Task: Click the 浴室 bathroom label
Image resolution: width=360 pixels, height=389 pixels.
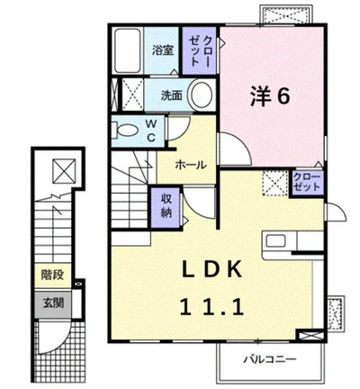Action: click(163, 50)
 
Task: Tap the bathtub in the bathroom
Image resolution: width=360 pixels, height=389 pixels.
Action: click(128, 50)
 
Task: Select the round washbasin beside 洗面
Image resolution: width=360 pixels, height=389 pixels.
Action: click(202, 95)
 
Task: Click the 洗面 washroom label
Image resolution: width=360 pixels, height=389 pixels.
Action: click(172, 95)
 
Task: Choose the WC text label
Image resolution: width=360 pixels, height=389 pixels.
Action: click(151, 131)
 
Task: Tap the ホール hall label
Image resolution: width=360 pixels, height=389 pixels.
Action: click(191, 165)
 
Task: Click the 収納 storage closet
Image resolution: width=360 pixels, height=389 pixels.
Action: click(166, 208)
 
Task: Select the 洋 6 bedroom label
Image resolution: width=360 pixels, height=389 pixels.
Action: click(270, 96)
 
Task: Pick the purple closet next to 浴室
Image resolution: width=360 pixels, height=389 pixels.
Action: click(199, 50)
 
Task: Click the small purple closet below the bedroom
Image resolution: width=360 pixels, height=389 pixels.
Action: click(307, 183)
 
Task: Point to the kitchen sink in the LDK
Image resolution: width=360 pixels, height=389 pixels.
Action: click(276, 241)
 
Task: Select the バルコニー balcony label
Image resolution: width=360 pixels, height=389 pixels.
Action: click(270, 359)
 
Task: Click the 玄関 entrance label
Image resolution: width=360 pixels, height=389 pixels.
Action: click(53, 303)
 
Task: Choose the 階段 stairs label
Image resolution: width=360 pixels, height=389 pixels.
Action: click(52, 275)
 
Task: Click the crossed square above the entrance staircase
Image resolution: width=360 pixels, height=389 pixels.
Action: click(64, 171)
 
